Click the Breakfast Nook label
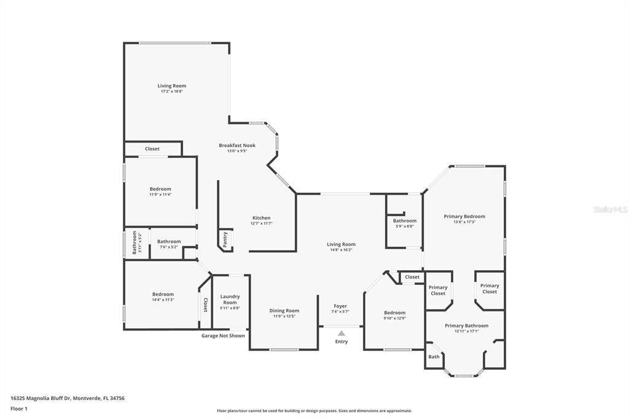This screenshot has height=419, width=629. click(237, 146)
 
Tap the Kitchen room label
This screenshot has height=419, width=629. click(261, 218)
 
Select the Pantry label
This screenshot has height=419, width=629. click(225, 240)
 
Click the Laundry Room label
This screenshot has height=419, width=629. click(230, 299)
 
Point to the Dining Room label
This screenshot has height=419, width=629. click(284, 311)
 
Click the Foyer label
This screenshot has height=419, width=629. click(340, 306)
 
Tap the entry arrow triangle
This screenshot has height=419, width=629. click(341, 333)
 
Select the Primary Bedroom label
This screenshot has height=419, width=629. click(464, 216)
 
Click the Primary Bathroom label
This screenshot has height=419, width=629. click(466, 326)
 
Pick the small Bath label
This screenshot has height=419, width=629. click(434, 357)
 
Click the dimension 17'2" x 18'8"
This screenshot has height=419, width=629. click(172, 92)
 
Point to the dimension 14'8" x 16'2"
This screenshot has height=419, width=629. click(341, 250)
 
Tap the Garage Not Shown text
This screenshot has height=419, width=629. click(223, 336)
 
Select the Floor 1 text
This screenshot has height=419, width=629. click(19, 409)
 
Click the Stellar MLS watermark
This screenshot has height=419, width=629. click(610, 209)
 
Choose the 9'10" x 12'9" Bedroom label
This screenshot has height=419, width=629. click(394, 313)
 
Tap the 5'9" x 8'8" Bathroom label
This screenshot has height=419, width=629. click(404, 221)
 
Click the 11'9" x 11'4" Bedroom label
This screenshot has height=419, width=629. click(160, 189)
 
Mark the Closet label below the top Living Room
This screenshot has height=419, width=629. click(152, 149)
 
